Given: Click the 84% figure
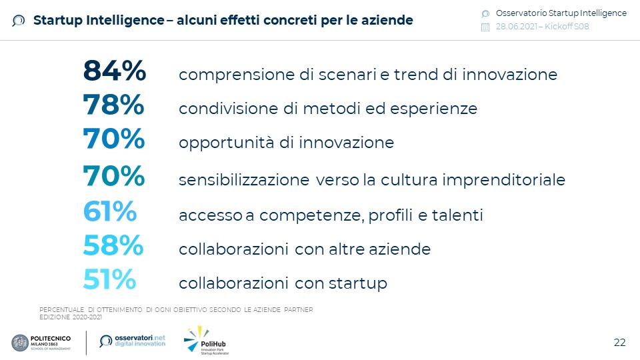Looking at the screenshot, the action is click(114, 71).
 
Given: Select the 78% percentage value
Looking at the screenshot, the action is click(113, 105).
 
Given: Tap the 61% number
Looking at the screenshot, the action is click(110, 211).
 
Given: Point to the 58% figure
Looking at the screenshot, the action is click(113, 245).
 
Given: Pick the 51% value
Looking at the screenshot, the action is click(109, 279).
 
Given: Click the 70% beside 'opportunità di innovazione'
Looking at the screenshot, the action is click(114, 139).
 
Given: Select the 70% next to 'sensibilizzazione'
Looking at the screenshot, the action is click(114, 176).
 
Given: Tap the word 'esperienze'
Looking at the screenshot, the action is click(433, 109).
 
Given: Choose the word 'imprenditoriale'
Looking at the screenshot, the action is click(504, 180).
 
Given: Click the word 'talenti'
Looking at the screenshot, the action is click(457, 215).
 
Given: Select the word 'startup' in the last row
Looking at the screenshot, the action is click(358, 284).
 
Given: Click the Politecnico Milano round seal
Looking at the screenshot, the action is click(20, 343).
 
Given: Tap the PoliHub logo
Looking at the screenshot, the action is click(206, 340).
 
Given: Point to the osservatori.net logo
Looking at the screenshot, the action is click(133, 341).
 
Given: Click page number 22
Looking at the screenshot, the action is click(619, 343).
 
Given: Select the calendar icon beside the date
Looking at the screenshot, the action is click(485, 27).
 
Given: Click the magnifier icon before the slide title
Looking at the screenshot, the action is click(19, 21).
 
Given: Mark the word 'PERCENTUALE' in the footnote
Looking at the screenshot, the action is click(61, 310).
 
